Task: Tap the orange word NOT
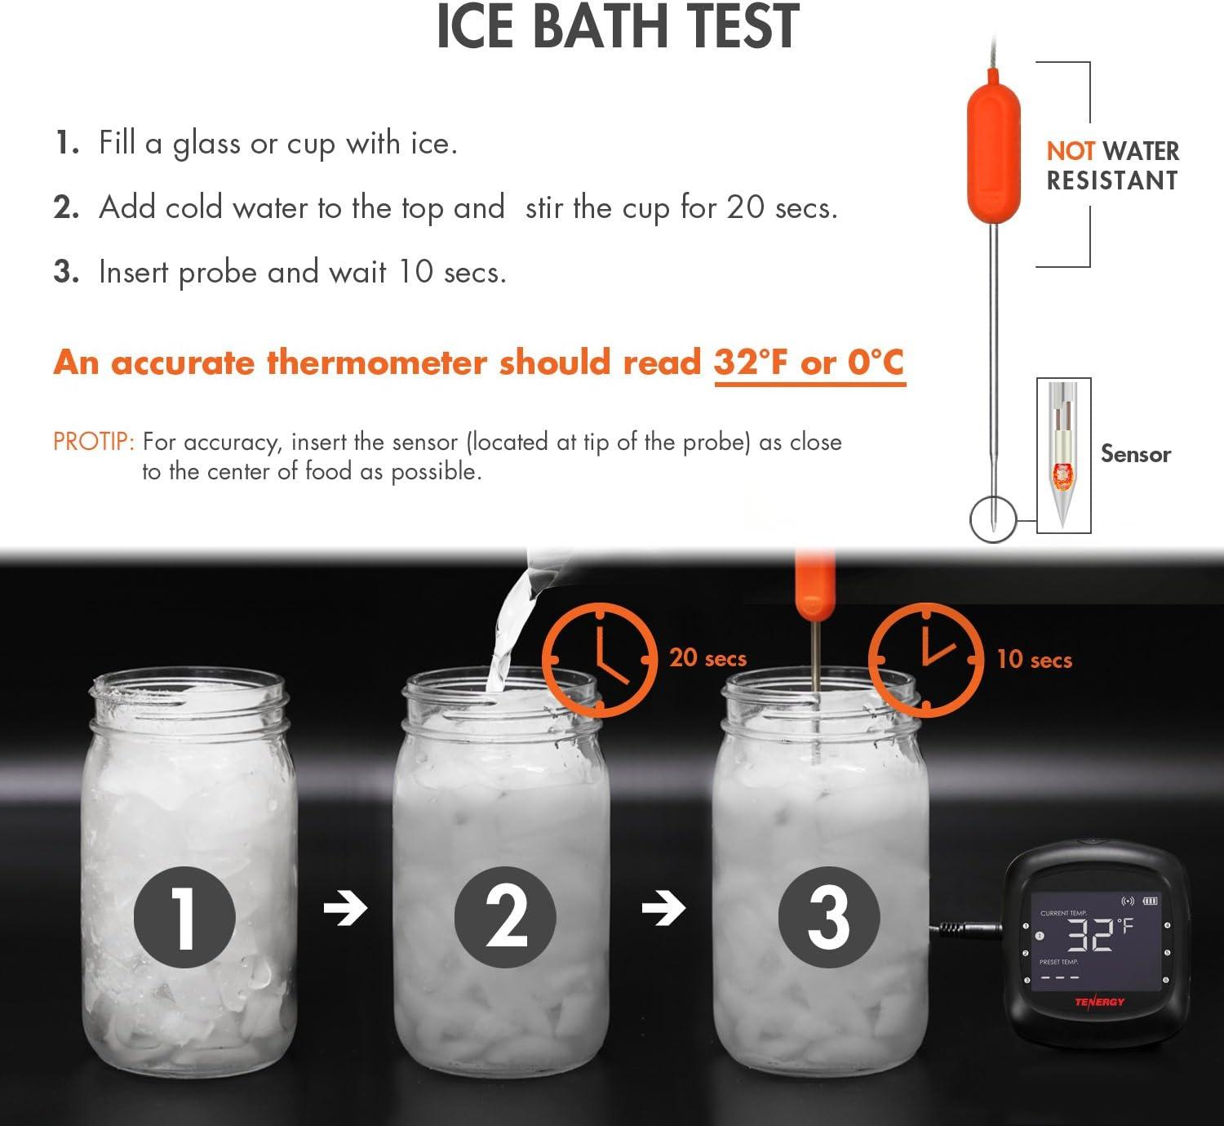[x=1071, y=151]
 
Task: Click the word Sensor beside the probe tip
[x=1136, y=454]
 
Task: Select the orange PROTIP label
[x=93, y=442]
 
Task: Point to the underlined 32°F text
[x=752, y=362]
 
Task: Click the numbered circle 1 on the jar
[x=184, y=917]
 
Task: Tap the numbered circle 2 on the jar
[x=505, y=917]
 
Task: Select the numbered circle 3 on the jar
[x=829, y=917]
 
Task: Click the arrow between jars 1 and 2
[x=345, y=908]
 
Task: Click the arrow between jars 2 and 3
[x=663, y=908]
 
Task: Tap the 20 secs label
[x=707, y=658]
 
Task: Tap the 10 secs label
[x=1034, y=660]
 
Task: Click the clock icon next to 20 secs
[x=600, y=660]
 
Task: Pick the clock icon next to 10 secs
[x=925, y=660]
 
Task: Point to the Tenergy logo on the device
[x=1099, y=1002]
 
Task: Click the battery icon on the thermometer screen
[x=1151, y=901]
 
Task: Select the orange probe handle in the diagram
[x=993, y=145]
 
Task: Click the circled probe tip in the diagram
[x=993, y=519]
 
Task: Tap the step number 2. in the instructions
[x=66, y=207]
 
